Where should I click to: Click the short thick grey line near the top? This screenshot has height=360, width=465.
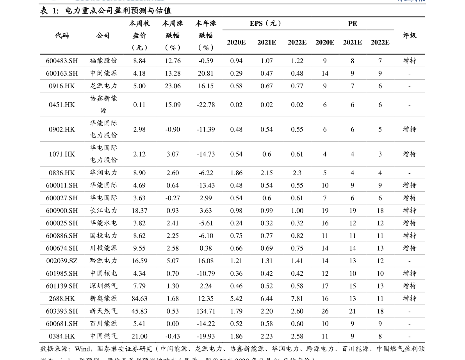[x=308, y=30]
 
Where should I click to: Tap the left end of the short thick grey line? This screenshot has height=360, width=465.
[x=223, y=30]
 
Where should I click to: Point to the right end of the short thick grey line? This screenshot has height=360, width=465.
[x=394, y=30]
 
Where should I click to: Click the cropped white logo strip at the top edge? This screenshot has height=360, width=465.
[x=102, y=1]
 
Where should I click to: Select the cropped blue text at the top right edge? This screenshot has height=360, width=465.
[x=411, y=1]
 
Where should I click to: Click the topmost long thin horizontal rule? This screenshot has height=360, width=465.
[x=232, y=67]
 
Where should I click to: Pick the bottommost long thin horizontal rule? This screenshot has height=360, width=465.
[x=232, y=330]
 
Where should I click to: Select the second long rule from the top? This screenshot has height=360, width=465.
[x=232, y=80]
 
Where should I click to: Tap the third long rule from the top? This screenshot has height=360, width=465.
[x=232, y=92]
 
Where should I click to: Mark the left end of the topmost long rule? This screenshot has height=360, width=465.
[x=41, y=67]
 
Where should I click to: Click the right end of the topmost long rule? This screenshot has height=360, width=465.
[x=424, y=67]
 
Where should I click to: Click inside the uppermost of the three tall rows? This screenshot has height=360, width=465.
[x=232, y=105]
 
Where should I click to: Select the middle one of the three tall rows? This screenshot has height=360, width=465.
[x=232, y=129]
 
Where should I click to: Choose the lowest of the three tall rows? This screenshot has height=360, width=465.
[x=232, y=154]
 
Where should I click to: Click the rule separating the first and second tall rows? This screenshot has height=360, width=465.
[x=232, y=117]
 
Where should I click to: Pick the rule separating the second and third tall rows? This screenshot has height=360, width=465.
[x=232, y=141]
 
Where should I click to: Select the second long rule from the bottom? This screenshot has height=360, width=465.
[x=232, y=317]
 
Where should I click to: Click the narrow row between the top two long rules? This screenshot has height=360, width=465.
[x=232, y=73]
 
